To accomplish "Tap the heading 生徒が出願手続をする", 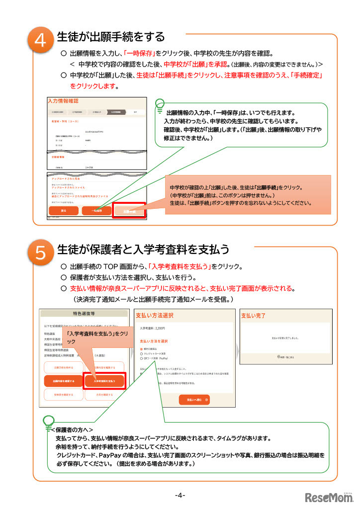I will (111, 37).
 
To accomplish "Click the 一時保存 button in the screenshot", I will (97, 211).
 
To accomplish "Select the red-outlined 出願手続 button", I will (129, 211).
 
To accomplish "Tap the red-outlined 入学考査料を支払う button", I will (104, 381).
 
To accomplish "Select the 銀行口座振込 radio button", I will (141, 349).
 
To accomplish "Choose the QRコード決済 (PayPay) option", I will (141, 358).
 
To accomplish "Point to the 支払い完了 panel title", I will (254, 316).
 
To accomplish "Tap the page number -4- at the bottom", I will (180, 495).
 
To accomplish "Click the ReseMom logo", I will (328, 497).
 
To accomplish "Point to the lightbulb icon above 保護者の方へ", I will (49, 422).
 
